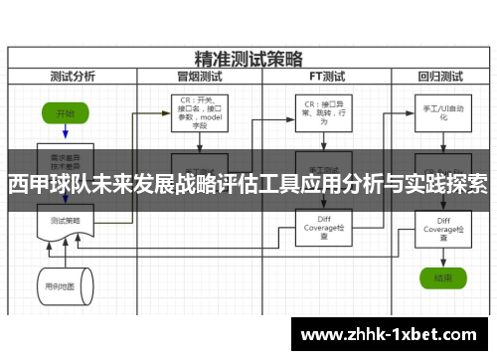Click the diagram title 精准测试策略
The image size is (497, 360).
pos(248,56)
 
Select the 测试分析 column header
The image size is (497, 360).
pos(73,75)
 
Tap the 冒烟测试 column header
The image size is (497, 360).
pos(198,75)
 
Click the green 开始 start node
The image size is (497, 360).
pos(66,112)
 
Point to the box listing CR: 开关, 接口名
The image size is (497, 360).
pos(198,111)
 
